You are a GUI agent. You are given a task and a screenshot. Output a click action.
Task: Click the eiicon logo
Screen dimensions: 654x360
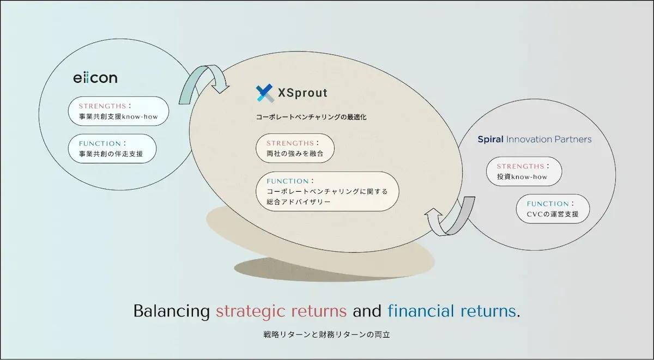click(x=95, y=78)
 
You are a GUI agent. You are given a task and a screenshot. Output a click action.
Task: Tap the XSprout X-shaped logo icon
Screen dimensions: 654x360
click(x=265, y=93)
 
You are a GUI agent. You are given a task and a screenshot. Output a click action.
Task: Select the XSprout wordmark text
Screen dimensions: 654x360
click(x=302, y=93)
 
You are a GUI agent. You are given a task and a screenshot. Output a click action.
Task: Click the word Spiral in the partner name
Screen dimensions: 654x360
click(x=491, y=139)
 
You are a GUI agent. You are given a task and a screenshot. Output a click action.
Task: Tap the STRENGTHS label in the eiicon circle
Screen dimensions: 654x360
click(x=102, y=106)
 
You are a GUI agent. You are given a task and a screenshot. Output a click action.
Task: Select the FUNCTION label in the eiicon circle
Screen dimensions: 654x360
click(x=100, y=144)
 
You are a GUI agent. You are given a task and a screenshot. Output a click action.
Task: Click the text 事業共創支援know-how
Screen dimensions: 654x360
click(x=118, y=117)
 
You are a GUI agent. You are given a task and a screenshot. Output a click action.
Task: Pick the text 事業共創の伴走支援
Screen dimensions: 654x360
click(x=111, y=154)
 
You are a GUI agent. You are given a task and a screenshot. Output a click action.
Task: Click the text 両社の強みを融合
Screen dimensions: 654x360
click(x=295, y=154)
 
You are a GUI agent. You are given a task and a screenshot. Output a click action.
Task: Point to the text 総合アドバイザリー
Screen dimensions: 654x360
click(x=299, y=202)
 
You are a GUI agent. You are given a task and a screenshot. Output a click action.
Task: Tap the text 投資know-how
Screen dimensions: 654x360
click(x=522, y=176)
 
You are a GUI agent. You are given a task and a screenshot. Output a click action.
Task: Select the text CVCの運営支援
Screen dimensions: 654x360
click(x=553, y=214)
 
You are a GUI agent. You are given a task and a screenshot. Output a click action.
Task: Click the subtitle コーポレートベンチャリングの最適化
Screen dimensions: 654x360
click(x=311, y=117)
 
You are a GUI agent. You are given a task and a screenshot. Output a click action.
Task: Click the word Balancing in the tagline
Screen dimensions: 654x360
click(x=172, y=312)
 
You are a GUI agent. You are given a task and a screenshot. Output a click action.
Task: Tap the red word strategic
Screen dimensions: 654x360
click(x=250, y=312)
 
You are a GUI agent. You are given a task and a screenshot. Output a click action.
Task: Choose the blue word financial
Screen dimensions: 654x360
click(x=421, y=310)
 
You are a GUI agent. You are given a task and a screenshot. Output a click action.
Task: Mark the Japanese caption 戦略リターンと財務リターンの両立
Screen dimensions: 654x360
click(x=326, y=334)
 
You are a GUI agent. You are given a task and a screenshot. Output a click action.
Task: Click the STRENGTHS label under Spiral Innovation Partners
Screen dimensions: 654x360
click(x=520, y=166)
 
